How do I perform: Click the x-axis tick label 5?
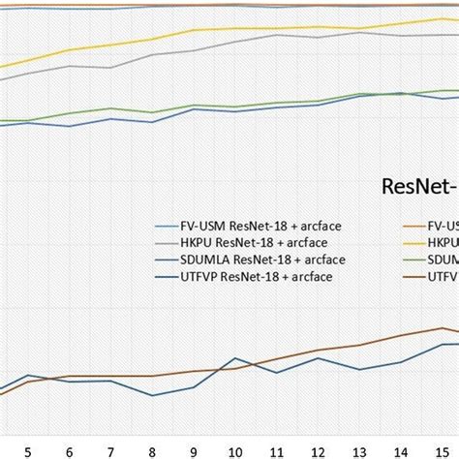tap(28, 451)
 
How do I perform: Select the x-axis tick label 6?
tap(69, 451)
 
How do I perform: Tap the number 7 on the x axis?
tap(110, 451)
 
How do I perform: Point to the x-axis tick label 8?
tap(152, 451)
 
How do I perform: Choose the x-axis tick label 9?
tap(194, 451)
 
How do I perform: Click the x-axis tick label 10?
tap(235, 451)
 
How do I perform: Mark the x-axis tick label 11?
tap(277, 451)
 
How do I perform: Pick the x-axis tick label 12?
tap(319, 451)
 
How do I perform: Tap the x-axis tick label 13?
tap(359, 451)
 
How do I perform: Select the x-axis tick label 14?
tap(401, 451)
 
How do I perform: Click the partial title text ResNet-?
tap(419, 185)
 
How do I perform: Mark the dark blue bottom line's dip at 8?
tap(152, 394)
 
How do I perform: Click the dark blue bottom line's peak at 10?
tap(235, 358)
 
